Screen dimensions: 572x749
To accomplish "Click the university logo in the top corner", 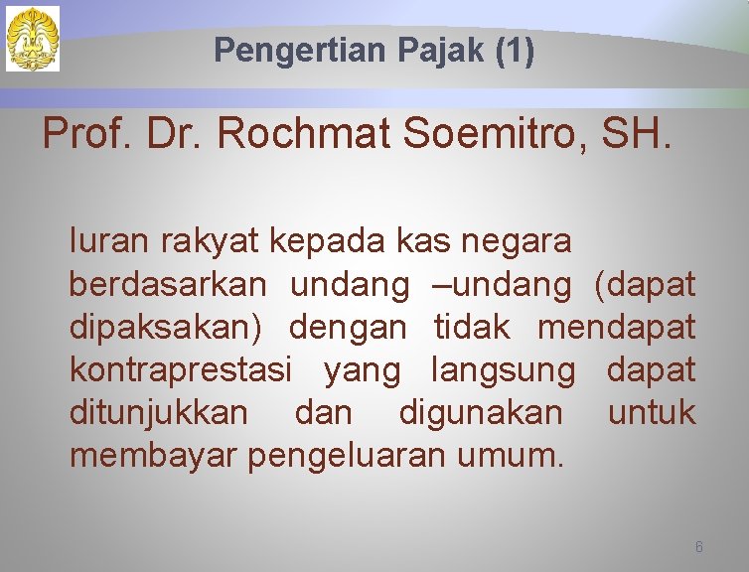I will tap(33, 39).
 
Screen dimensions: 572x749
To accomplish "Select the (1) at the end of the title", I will tap(514, 51).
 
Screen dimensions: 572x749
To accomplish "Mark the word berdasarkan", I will tap(167, 284).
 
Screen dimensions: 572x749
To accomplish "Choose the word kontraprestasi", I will tap(180, 370).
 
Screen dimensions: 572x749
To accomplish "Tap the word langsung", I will tap(502, 370).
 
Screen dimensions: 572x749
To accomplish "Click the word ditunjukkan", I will tap(159, 413).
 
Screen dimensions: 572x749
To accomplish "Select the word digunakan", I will tap(480, 413).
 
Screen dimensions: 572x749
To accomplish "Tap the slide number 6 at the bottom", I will tap(699, 547).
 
